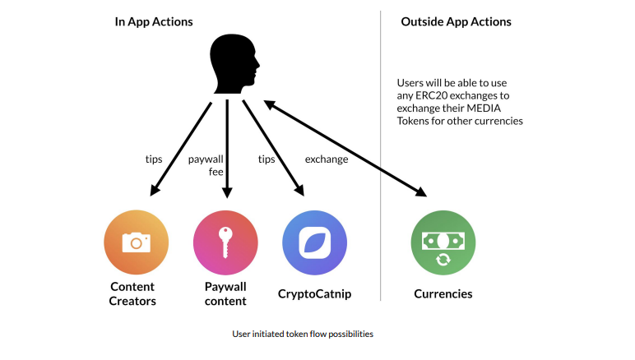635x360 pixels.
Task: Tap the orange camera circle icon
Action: pos(137,242)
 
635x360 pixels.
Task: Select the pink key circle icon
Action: pos(225,242)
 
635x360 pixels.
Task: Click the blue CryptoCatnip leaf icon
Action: pos(314,242)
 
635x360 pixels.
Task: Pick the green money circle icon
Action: pos(443,242)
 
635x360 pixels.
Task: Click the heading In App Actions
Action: pos(154,21)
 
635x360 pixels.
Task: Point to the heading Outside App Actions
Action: pos(456,21)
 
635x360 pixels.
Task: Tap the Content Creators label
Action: pos(132,293)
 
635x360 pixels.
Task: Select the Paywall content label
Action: pos(225,293)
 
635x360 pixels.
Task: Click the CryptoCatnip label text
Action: pos(314,293)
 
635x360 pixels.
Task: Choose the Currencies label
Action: pos(443,293)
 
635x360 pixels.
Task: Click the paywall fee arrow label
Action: pos(206,164)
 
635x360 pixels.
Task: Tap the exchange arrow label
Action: pos(327,159)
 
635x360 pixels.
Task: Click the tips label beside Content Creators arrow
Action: pos(153,159)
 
